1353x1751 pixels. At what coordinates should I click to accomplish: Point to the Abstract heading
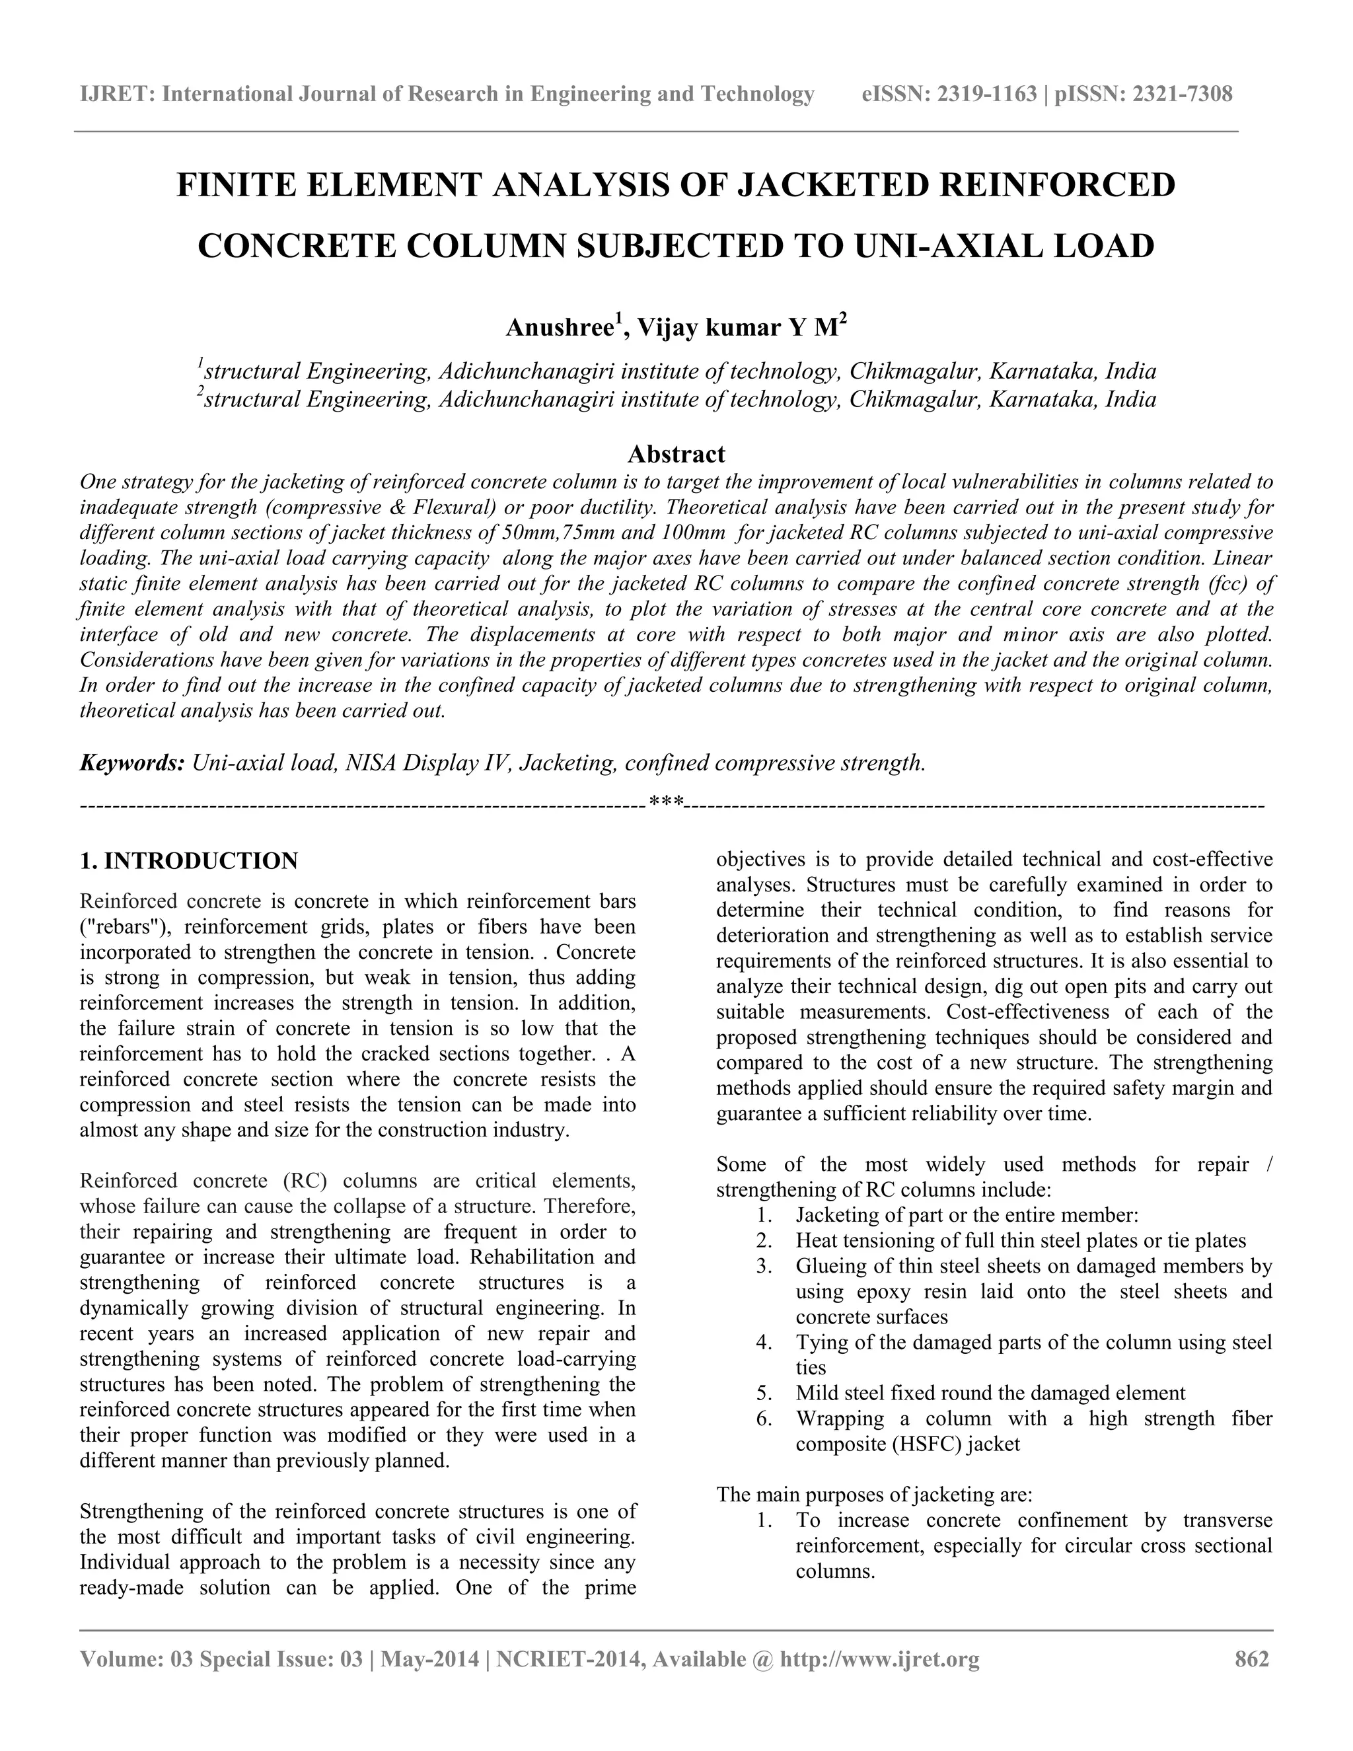point(676,454)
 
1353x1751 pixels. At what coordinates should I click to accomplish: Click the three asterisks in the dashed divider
point(665,801)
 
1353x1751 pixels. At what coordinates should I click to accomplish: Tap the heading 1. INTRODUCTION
point(189,861)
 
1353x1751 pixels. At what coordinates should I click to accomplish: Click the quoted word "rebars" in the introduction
point(124,927)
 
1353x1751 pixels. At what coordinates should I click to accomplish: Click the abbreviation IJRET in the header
point(116,94)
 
